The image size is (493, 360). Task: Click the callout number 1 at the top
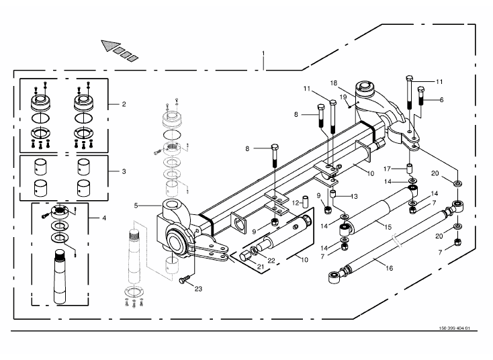(263, 54)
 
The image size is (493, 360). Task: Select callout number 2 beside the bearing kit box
(124, 104)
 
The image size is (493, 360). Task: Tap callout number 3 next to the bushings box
(124, 171)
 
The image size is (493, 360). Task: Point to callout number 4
(104, 218)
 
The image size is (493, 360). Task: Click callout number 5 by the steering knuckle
(136, 206)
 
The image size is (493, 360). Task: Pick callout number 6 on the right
(442, 100)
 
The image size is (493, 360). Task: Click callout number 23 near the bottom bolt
(198, 289)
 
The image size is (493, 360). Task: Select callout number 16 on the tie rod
(390, 268)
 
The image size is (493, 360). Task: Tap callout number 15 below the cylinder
(388, 227)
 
